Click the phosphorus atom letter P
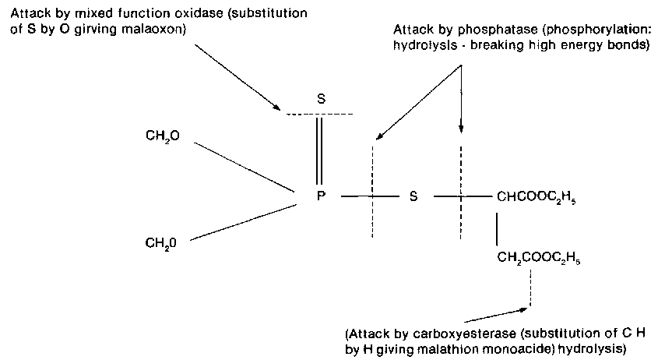[x=321, y=196]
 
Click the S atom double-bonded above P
[x=321, y=100]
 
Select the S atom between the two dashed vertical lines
[x=413, y=196]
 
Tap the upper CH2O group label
[x=162, y=136]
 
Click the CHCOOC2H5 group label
[x=537, y=197]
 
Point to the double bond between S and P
[x=320, y=148]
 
